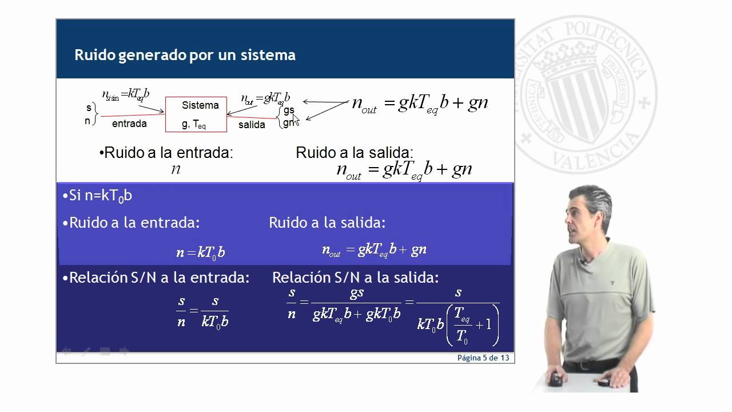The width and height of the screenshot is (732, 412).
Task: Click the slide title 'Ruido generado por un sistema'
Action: [x=185, y=56]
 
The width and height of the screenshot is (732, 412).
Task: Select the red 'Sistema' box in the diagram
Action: [x=196, y=114]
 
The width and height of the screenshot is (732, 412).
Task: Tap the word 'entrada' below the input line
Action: [x=129, y=124]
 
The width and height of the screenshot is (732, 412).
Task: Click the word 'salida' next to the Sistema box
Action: [x=252, y=125]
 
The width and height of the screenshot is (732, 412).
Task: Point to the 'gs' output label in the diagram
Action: [x=289, y=110]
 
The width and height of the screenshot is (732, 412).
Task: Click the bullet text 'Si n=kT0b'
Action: [x=97, y=196]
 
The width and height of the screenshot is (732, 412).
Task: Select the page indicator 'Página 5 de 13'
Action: [x=483, y=358]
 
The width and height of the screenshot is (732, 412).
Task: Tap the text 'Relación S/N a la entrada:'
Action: [x=156, y=278]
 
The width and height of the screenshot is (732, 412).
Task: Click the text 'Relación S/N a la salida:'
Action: [x=355, y=278]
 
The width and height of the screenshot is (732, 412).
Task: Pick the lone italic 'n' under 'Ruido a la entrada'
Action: [x=176, y=169]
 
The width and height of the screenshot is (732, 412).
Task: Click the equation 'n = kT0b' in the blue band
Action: [x=201, y=252]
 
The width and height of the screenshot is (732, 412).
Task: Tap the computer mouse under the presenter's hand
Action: [x=555, y=379]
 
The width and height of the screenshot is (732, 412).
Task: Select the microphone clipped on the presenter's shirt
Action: [x=583, y=263]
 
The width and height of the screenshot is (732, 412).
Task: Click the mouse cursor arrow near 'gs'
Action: [x=295, y=118]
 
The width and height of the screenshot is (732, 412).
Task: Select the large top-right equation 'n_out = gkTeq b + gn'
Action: [x=420, y=104]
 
